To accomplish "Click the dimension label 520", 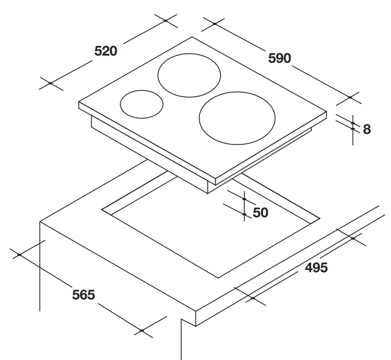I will [106, 51].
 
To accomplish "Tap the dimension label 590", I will [280, 58].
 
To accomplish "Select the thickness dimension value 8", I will [367, 129].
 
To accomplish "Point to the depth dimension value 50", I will [260, 212].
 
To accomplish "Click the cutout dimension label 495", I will [316, 267].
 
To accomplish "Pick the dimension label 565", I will [83, 294].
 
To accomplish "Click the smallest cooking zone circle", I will [142, 104].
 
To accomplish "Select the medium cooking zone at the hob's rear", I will [189, 76].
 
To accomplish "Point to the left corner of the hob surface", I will [79, 103].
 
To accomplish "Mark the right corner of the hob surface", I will [326, 111].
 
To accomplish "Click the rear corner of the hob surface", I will [192, 37].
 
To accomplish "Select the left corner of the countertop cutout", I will [102, 209].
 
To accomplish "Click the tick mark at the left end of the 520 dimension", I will [50, 83].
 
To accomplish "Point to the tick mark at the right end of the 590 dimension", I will [350, 97].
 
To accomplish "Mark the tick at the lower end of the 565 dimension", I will [142, 331].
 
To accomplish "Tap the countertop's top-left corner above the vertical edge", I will [40, 221].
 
